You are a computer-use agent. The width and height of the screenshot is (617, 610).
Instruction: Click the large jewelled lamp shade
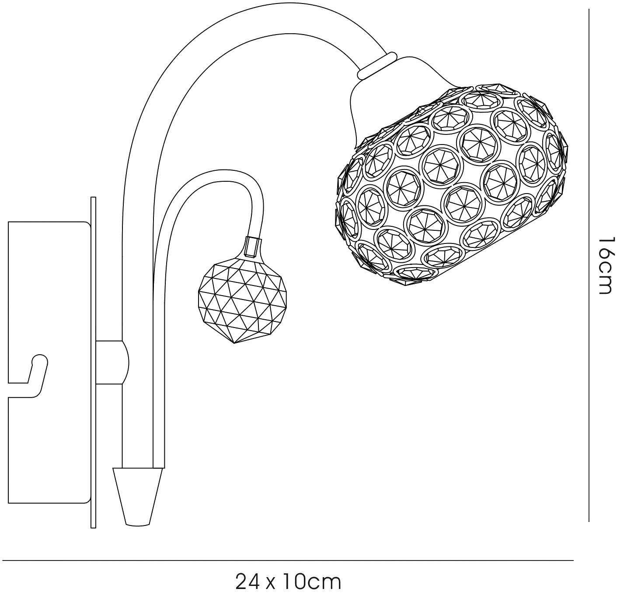tap(450, 185)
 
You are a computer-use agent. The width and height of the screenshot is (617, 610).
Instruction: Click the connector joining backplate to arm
tap(112, 363)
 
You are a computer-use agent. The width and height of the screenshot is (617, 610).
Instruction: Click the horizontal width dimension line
tap(288, 561)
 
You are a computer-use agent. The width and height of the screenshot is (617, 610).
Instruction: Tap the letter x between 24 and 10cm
tap(271, 584)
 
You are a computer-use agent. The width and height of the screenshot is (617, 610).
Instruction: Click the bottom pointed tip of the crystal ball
tap(235, 344)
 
